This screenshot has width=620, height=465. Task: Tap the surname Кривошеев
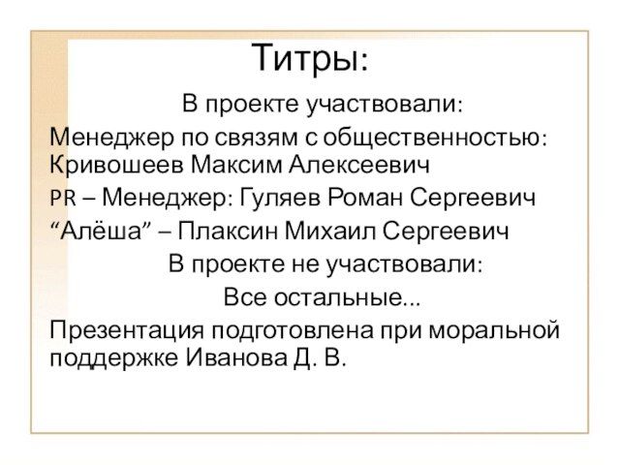click(117, 165)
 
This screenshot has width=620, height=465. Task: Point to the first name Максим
click(236, 165)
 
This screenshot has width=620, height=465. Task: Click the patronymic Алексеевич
click(359, 165)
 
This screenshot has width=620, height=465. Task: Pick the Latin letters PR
click(63, 198)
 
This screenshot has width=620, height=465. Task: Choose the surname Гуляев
click(281, 198)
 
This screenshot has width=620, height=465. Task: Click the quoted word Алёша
click(102, 231)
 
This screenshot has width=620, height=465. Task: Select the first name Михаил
click(330, 231)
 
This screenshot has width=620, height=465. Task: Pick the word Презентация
click(127, 330)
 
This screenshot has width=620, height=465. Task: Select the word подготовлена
click(292, 331)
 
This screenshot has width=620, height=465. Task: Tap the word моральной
click(494, 330)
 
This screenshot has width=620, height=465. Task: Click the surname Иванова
click(236, 358)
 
